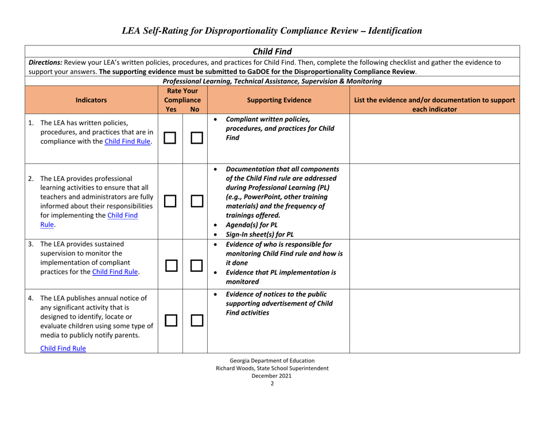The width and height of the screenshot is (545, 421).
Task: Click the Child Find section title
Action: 272,52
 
